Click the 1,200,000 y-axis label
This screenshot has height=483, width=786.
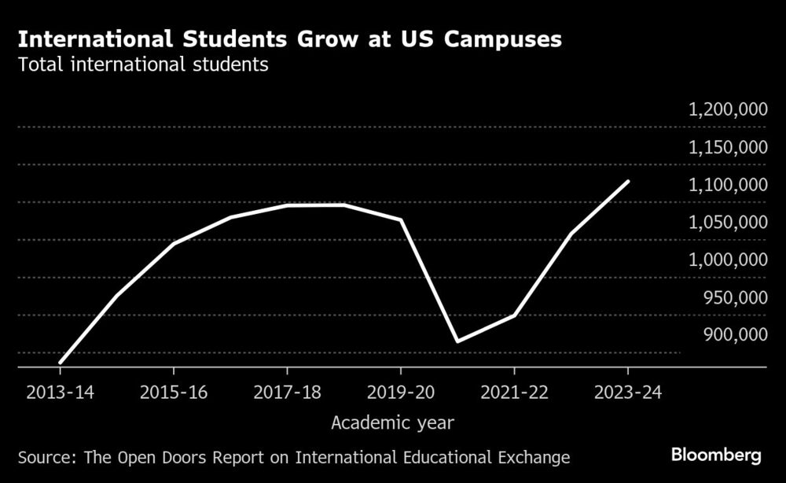[x=728, y=110]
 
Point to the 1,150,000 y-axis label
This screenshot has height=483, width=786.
[x=728, y=148]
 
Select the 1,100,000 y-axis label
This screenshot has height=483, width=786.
[x=728, y=186]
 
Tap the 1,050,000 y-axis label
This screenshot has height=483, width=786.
[x=728, y=223]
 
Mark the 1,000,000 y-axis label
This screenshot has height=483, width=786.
[x=728, y=260]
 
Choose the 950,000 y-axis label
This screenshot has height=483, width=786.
[x=733, y=298]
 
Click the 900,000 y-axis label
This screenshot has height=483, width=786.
[x=733, y=335]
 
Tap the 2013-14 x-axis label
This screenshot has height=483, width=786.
[x=60, y=392]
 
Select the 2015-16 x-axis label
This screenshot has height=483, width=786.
[x=174, y=392]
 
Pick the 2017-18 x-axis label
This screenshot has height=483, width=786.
[x=288, y=392]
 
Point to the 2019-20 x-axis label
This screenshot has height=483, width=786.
[x=401, y=392]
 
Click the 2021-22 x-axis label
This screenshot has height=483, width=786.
[x=515, y=392]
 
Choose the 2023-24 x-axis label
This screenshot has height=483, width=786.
[x=628, y=392]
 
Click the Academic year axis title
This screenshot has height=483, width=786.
[x=392, y=423]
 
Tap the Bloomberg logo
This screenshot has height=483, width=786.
[x=716, y=455]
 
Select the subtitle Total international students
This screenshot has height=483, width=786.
[x=144, y=65]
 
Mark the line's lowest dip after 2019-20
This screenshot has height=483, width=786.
[x=457, y=341]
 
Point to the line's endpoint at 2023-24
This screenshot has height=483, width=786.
[x=628, y=181]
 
